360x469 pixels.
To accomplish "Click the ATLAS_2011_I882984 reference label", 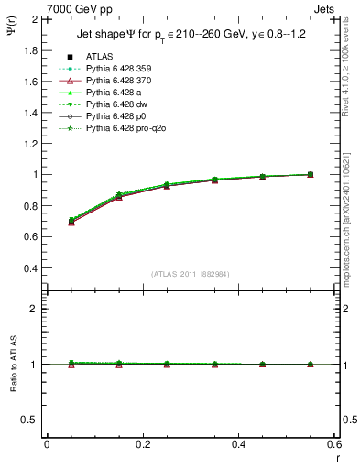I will (x=191, y=274).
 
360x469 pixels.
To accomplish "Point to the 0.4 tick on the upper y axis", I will (x=30, y=268).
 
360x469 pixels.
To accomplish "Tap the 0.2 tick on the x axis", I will (x=143, y=444).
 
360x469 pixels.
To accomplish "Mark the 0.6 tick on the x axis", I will (x=334, y=444).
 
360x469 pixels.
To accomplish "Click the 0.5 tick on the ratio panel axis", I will (x=30, y=420).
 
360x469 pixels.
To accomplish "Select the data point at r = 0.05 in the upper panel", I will (x=71, y=221).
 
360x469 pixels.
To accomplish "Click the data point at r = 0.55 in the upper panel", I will (x=310, y=174).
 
